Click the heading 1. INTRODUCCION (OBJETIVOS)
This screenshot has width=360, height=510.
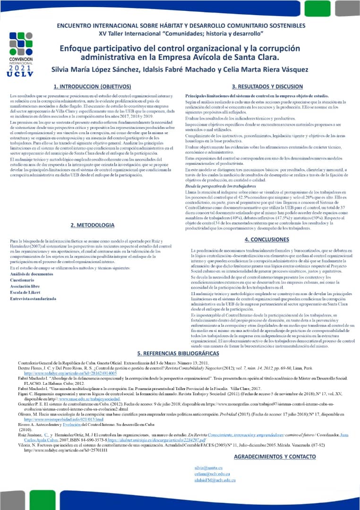click(92, 87)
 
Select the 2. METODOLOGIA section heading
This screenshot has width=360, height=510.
click(92, 225)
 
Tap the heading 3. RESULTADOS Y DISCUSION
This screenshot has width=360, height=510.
click(267, 87)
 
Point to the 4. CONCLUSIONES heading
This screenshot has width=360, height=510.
click(266, 240)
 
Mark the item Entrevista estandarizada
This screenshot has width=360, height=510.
click(33, 298)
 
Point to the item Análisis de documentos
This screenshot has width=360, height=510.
click(32, 274)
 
